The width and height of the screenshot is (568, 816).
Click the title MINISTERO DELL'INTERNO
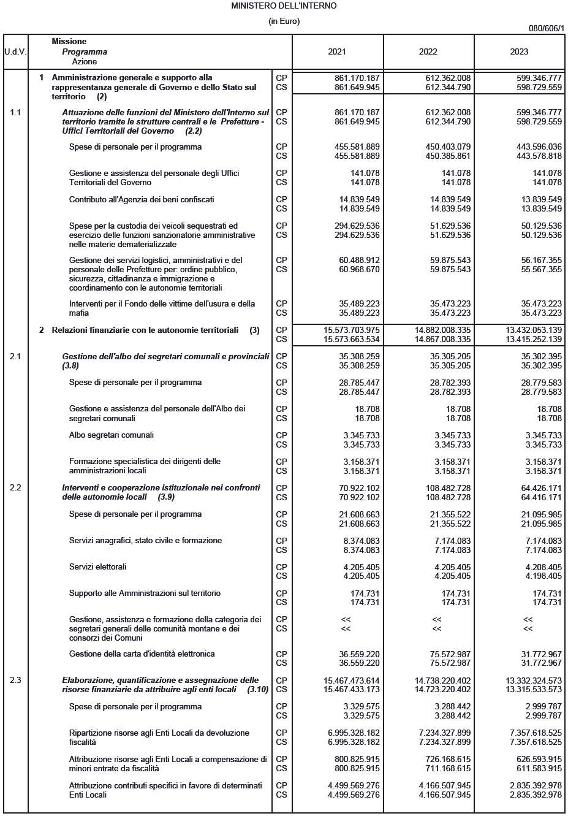click(x=284, y=6)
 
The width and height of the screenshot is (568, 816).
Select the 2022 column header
click(x=428, y=51)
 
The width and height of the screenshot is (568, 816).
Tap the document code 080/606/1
click(x=546, y=28)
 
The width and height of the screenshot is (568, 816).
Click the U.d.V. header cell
click(x=15, y=51)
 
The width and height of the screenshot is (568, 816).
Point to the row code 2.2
click(x=15, y=487)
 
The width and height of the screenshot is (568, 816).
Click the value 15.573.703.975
click(x=352, y=330)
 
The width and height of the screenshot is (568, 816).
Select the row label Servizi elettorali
click(x=97, y=566)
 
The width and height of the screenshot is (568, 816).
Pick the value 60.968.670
click(x=359, y=269)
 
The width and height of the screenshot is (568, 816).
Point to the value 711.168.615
click(x=445, y=768)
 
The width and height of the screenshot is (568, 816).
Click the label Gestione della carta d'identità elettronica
click(x=142, y=654)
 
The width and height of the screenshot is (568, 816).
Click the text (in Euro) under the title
click(x=284, y=21)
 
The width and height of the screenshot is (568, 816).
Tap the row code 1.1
click(x=15, y=112)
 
